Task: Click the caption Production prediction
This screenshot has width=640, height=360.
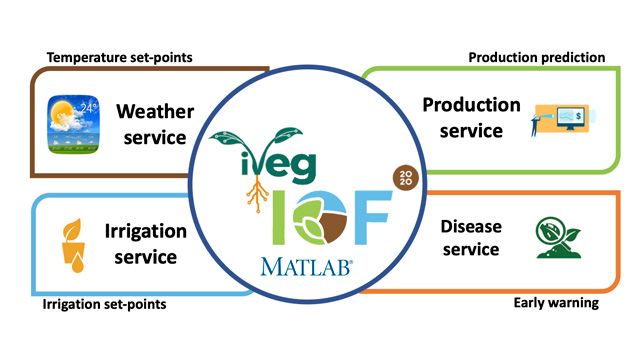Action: coord(537,57)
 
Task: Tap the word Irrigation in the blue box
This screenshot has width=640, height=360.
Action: coord(145,231)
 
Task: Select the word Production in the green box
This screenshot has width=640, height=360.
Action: coord(471,105)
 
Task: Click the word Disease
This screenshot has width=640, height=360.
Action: coord(470,225)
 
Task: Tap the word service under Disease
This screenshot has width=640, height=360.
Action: coord(470,251)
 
